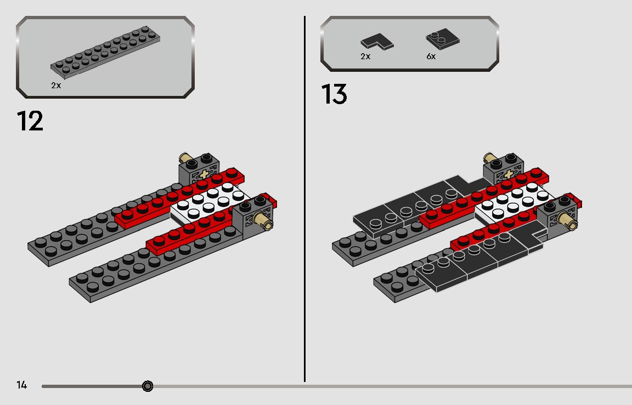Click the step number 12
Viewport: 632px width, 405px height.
pyautogui.click(x=30, y=121)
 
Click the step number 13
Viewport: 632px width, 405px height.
pyautogui.click(x=334, y=94)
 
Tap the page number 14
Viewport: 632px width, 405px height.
pyautogui.click(x=22, y=385)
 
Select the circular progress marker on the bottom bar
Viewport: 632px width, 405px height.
pyautogui.click(x=148, y=386)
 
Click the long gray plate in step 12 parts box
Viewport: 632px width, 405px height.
pyautogui.click(x=105, y=52)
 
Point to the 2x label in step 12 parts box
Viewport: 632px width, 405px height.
pyautogui.click(x=56, y=85)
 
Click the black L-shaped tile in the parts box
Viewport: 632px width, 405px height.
pyautogui.click(x=377, y=42)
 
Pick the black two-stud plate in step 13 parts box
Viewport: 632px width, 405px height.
pyautogui.click(x=443, y=39)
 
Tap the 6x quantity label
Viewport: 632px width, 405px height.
pyautogui.click(x=431, y=56)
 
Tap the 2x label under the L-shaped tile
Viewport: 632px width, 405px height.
pyautogui.click(x=365, y=56)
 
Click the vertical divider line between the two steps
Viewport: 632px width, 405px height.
pyautogui.click(x=304, y=199)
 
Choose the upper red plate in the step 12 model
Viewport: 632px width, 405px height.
pyautogui.click(x=180, y=197)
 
